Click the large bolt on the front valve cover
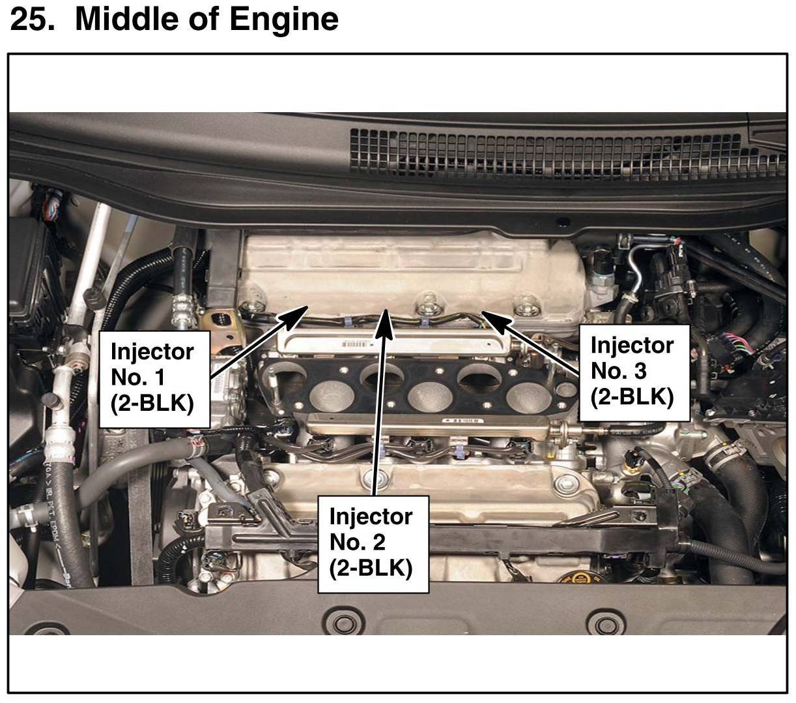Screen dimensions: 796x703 (x=561, y=484)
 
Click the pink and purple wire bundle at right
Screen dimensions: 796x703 (x=743, y=346)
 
